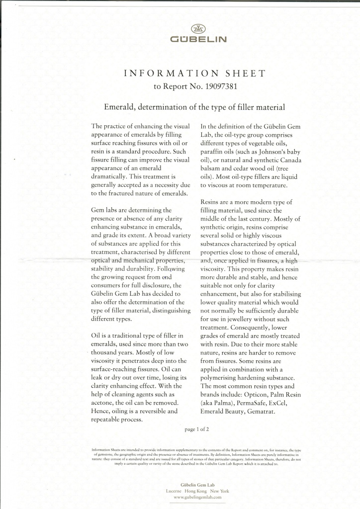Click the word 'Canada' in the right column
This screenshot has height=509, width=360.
coord(287,161)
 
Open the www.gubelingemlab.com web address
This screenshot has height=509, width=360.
coord(197,497)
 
